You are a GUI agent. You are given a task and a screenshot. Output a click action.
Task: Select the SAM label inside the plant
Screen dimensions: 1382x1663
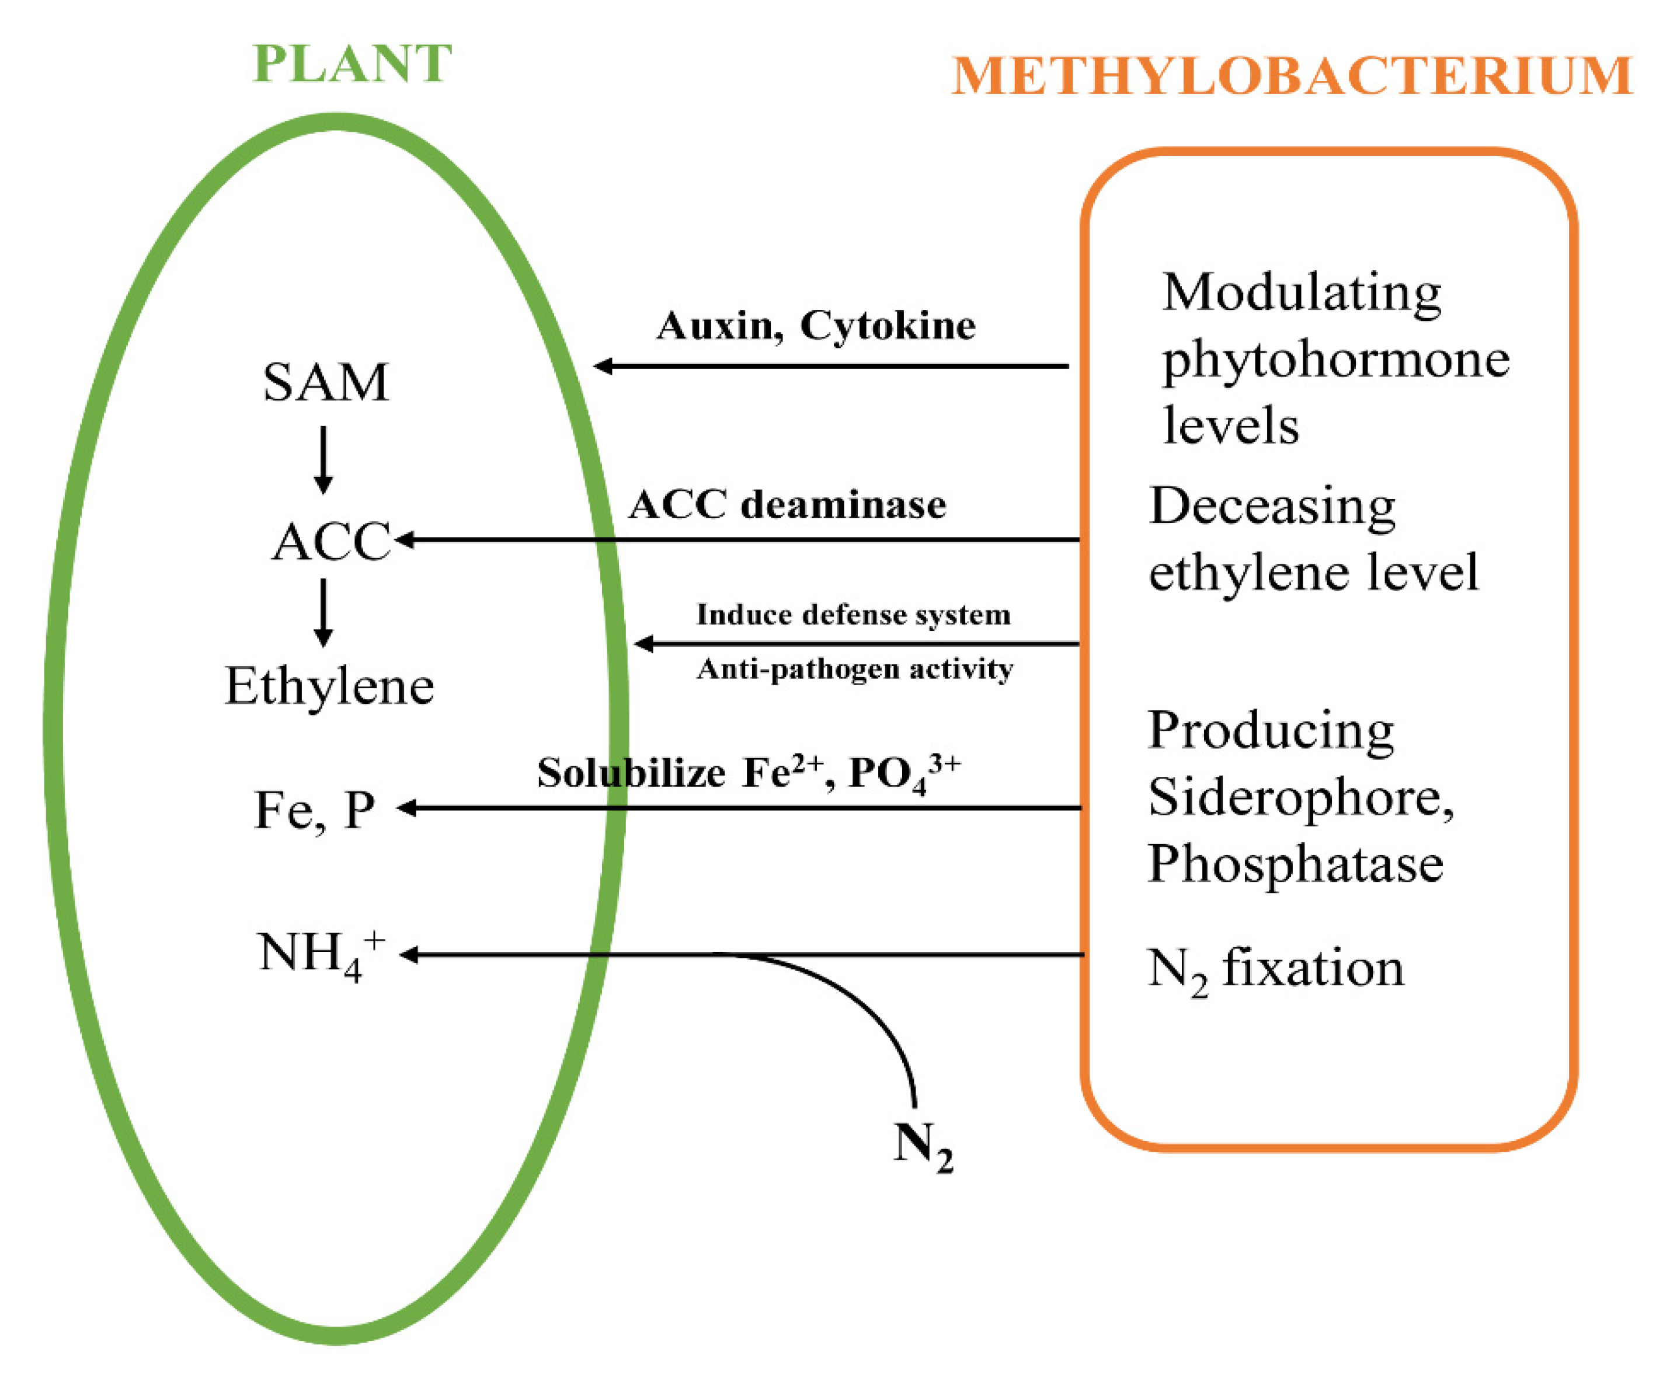[325, 382]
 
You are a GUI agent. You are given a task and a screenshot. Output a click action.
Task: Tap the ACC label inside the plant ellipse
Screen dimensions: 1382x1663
[331, 542]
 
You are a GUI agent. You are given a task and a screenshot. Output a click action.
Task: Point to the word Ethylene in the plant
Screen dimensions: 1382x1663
[329, 686]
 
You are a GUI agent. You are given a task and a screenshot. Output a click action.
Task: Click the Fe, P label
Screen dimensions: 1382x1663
[314, 809]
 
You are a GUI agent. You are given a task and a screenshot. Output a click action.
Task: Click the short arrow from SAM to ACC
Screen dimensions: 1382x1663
[323, 460]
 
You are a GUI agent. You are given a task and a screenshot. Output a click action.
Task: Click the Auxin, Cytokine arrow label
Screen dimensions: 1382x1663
[816, 325]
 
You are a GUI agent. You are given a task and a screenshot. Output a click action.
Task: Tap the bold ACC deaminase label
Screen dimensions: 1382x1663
[787, 504]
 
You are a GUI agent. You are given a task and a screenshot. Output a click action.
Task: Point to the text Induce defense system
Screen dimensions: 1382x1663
[853, 614]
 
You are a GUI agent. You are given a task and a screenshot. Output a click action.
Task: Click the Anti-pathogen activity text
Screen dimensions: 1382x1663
[854, 669]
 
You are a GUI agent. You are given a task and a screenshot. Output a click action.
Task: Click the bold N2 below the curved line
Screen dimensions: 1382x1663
[923, 1145]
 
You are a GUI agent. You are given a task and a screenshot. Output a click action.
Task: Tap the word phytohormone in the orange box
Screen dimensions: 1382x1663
[1335, 360]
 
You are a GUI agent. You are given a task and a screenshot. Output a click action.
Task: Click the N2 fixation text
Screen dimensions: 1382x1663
[1275, 969]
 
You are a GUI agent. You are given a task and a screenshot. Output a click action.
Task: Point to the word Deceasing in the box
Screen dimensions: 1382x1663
[1272, 506]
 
